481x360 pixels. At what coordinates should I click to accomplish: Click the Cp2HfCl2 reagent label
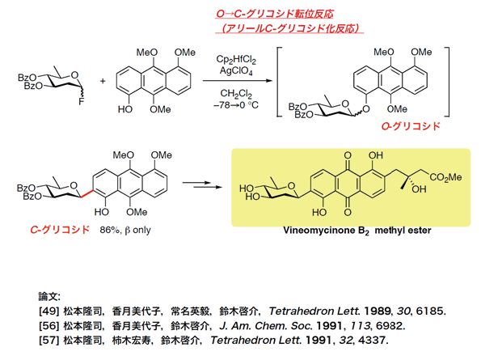[x=236, y=59]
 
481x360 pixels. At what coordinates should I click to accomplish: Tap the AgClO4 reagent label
[x=236, y=71]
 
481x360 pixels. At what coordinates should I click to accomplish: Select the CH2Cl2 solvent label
[x=236, y=93]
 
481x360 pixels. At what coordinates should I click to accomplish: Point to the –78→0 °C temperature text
[x=236, y=105]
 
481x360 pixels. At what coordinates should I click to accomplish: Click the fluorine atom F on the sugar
[x=81, y=102]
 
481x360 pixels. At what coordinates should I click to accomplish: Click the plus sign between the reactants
[x=103, y=81]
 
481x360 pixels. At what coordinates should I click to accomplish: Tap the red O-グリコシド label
[x=411, y=126]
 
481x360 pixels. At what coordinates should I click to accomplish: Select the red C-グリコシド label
[x=60, y=230]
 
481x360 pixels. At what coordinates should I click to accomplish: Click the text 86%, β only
[x=125, y=230]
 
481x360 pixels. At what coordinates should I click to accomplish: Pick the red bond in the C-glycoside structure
[x=87, y=193]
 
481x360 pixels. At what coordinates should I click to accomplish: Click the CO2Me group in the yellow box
[x=445, y=177]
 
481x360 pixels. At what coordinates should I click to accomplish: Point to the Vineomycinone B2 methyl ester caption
[x=357, y=231]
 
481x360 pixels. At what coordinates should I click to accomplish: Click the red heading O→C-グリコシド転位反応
[x=275, y=14]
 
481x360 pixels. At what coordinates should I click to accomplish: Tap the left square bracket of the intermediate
[x=279, y=82]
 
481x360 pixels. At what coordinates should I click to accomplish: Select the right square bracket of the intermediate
[x=447, y=82]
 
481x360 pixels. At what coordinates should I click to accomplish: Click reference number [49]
[x=49, y=311]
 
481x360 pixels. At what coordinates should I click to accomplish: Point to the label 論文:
[x=49, y=296]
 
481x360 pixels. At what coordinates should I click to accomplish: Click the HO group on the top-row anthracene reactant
[x=125, y=109]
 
